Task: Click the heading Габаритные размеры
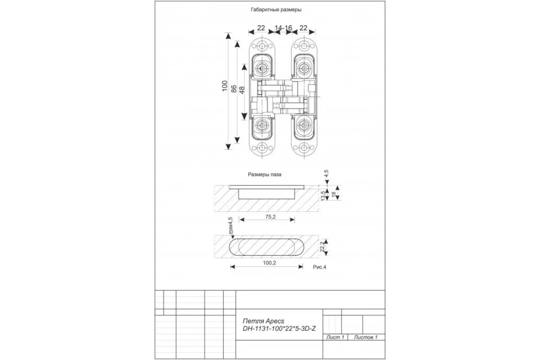click(x=276, y=9)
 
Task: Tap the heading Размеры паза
click(x=265, y=175)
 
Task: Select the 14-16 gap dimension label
click(x=283, y=28)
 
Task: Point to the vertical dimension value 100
click(x=225, y=86)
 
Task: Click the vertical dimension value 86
click(x=234, y=89)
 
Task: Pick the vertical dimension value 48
click(x=242, y=90)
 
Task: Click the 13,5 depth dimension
click(x=323, y=195)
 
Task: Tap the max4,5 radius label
click(x=230, y=226)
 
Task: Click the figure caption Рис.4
click(x=319, y=267)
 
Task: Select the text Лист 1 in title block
click(x=335, y=337)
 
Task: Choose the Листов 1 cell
click(x=365, y=337)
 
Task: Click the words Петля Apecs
click(x=264, y=321)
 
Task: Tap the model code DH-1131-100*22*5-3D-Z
click(x=279, y=329)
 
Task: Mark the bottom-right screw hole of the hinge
click(x=304, y=148)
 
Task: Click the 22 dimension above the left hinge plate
click(x=261, y=28)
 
